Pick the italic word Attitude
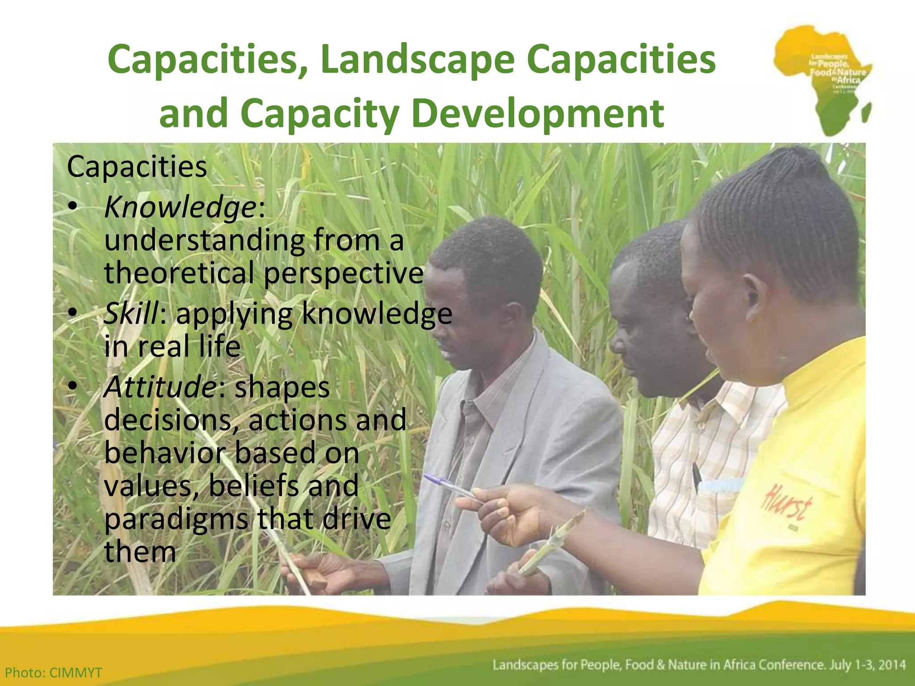coord(160,387)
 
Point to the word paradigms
coord(176,519)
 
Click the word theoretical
coord(179,273)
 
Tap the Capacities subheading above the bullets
coord(137,167)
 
